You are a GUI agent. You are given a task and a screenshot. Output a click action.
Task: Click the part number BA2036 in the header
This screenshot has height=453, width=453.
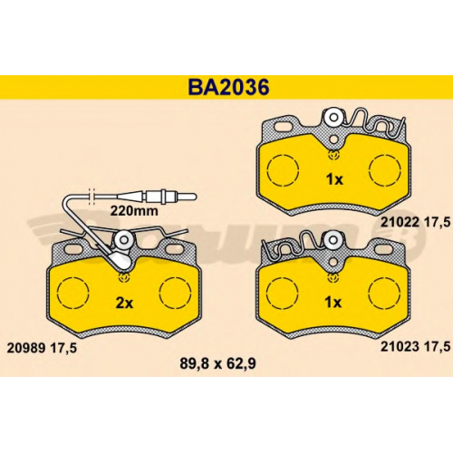[x=228, y=87]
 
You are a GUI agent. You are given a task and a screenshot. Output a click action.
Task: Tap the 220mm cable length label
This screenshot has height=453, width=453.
[x=134, y=211]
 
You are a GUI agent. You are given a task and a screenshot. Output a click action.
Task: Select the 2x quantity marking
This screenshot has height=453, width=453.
[x=124, y=303]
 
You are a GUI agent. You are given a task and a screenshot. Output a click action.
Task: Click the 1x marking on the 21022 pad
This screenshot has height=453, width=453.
[x=334, y=179]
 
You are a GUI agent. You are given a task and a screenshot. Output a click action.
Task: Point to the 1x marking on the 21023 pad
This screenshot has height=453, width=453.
[x=333, y=303]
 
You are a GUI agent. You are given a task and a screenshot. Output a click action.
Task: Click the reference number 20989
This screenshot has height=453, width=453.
[x=26, y=348]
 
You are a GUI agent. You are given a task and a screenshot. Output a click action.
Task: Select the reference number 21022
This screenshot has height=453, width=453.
[x=400, y=222]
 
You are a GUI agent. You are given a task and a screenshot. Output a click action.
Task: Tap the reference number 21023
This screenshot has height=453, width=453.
[x=400, y=347]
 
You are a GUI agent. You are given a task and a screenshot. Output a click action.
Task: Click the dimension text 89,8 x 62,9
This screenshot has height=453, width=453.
[x=217, y=363]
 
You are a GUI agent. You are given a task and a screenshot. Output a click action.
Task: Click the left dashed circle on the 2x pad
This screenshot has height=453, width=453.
[x=73, y=293]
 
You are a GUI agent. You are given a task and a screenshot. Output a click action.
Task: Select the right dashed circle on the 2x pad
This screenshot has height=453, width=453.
[x=175, y=293]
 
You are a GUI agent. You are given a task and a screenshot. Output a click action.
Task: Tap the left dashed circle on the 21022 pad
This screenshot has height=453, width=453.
[x=283, y=170]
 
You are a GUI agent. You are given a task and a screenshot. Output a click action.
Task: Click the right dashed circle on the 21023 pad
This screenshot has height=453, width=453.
[x=384, y=293]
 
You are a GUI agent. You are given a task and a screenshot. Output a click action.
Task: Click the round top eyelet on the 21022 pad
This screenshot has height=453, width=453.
[x=333, y=117]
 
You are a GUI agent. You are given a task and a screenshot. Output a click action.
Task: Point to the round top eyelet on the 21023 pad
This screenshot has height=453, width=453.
[x=333, y=240]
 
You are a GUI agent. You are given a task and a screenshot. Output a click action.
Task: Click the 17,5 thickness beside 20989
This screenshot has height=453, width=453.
[x=63, y=349]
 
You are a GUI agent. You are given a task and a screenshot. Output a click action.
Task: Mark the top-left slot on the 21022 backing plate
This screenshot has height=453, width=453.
[x=284, y=127]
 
